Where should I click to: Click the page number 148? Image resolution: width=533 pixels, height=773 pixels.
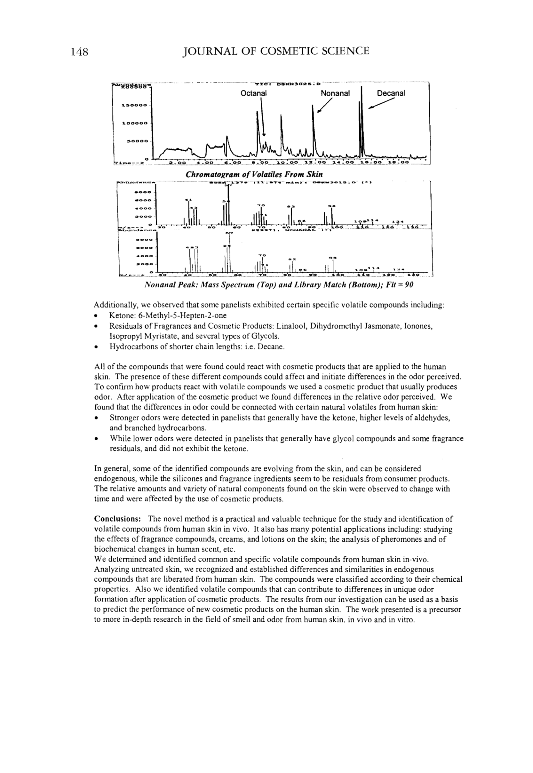coord(79,52)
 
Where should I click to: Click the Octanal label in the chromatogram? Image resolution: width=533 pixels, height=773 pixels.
coord(253,93)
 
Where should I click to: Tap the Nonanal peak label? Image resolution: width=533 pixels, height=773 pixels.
coord(335,93)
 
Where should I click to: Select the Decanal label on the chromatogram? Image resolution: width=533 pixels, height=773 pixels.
coord(391,93)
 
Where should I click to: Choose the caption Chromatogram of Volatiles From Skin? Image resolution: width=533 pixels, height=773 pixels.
coord(254,175)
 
